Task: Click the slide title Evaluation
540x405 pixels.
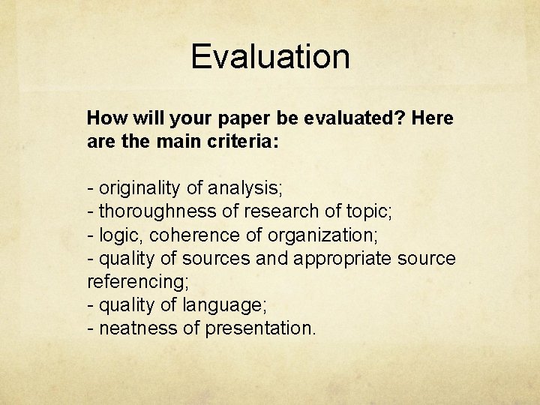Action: pos(270,57)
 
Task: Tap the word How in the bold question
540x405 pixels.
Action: pos(104,118)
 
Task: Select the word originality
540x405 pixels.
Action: pos(142,188)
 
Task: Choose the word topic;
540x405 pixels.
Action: pos(366,211)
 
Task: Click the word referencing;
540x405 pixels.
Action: pos(138,282)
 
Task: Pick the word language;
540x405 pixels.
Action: pos(229,305)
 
